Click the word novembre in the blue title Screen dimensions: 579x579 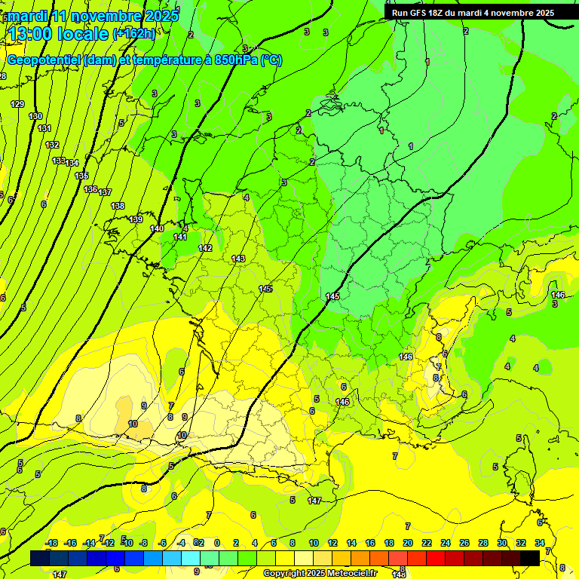click(108, 16)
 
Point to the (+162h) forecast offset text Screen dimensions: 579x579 click(134, 33)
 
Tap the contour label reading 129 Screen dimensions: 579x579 click(17, 104)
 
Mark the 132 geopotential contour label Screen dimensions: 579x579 click(52, 145)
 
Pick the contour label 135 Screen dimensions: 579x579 click(81, 176)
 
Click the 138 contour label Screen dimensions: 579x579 click(118, 206)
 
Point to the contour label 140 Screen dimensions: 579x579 click(157, 228)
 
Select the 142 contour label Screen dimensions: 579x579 click(205, 248)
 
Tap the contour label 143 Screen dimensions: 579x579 click(238, 259)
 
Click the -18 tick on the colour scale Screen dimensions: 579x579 click(51, 543)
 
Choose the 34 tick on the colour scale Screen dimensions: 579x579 click(540, 543)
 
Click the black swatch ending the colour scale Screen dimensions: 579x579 click(530, 558)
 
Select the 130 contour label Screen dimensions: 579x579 click(35, 116)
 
